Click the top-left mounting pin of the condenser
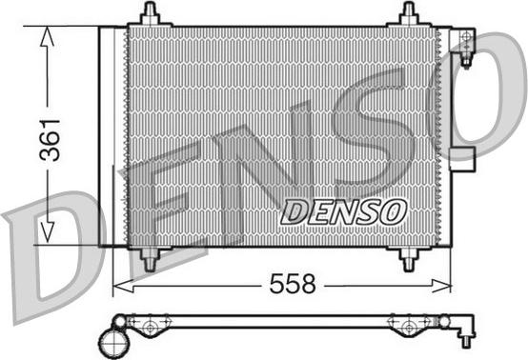pos(150,15)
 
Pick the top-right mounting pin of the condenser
pos(409,15)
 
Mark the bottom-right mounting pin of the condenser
pos(408,257)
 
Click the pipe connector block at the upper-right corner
pos(465,44)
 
